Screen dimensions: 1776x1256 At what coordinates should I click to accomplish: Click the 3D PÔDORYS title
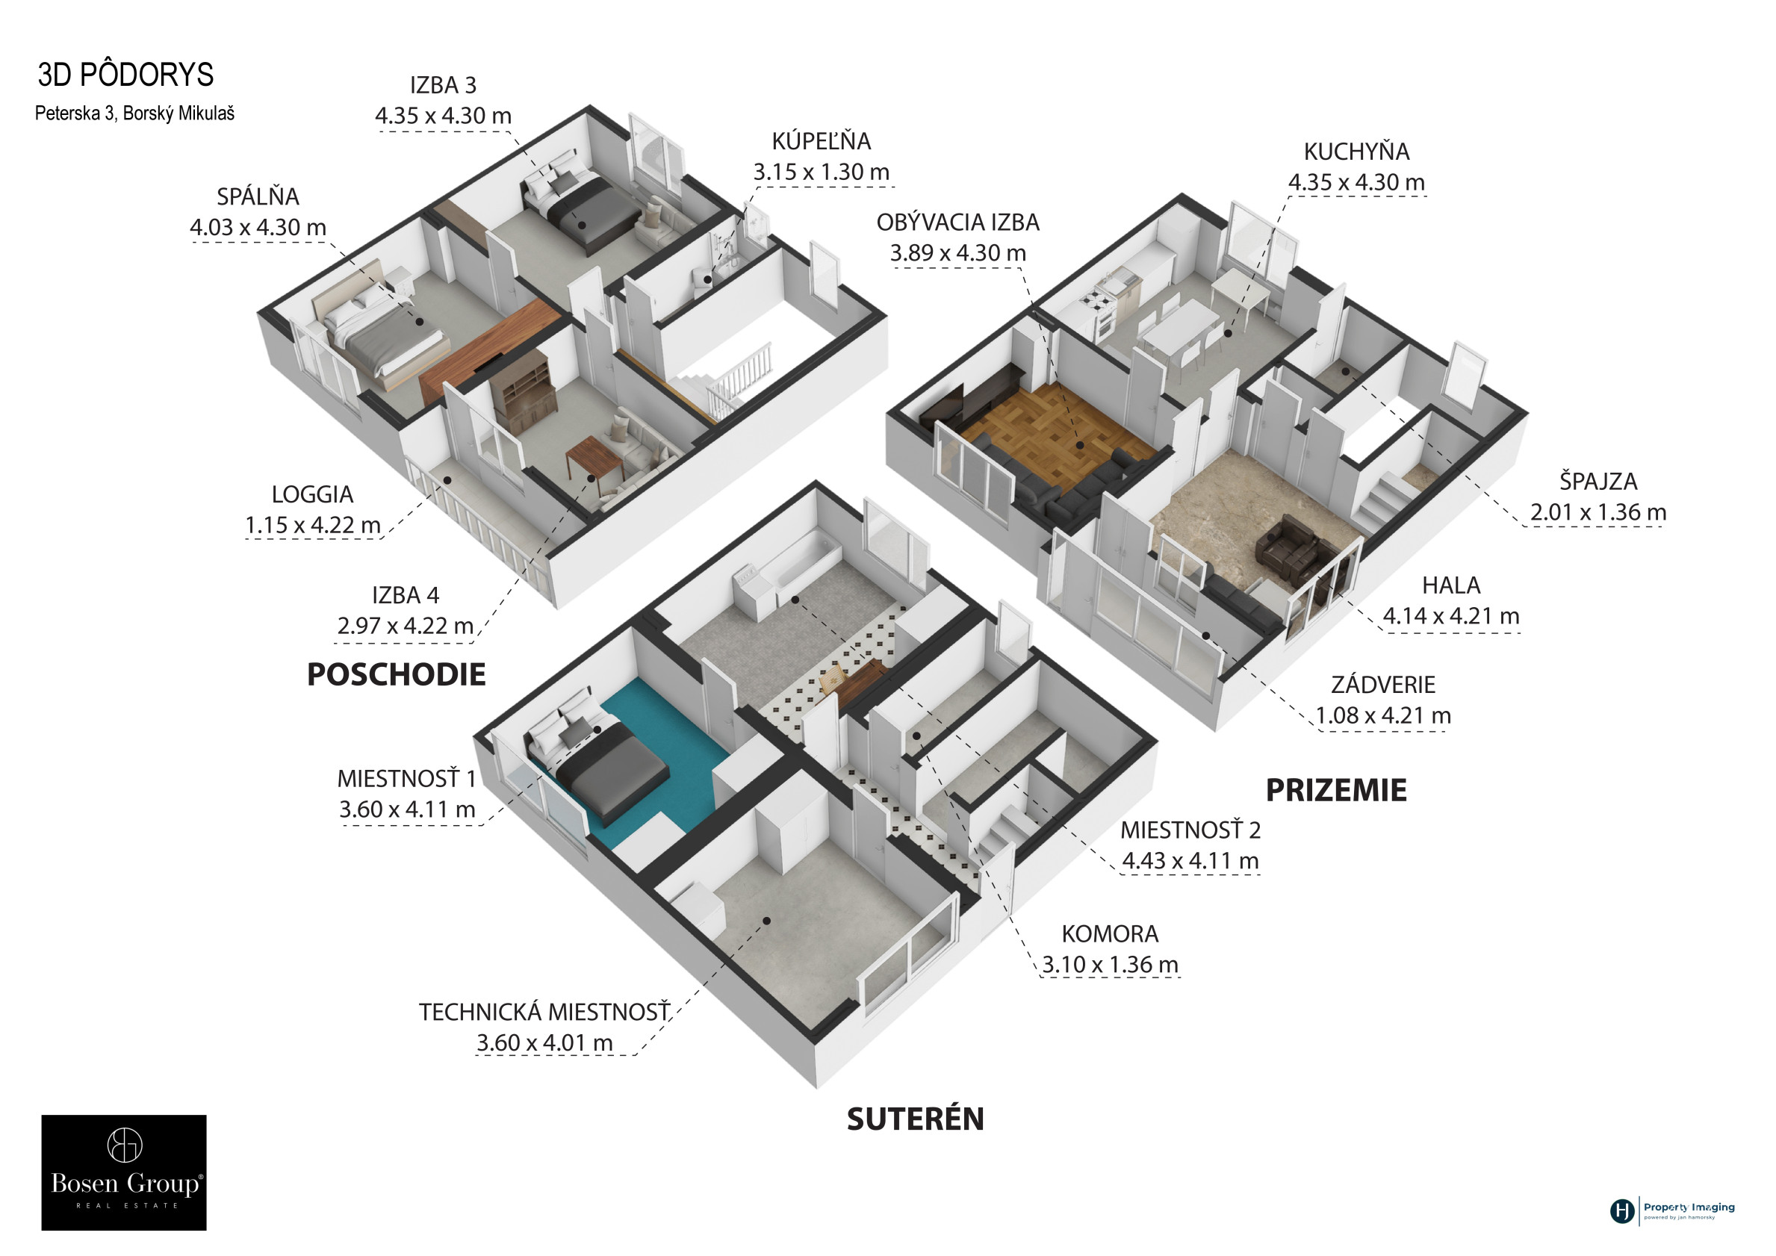pyautogui.click(x=125, y=74)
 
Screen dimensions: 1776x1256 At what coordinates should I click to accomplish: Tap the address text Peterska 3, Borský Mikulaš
pyautogui.click(x=134, y=114)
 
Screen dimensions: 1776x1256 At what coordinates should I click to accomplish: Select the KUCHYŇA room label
pyautogui.click(x=1356, y=152)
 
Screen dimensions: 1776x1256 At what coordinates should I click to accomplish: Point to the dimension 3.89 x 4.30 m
pyautogui.click(x=957, y=253)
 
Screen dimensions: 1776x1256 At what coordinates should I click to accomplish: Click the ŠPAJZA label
pyautogui.click(x=1598, y=481)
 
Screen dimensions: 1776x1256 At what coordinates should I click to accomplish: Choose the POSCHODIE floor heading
pyautogui.click(x=396, y=674)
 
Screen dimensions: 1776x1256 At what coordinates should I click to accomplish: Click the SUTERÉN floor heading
pyautogui.click(x=915, y=1119)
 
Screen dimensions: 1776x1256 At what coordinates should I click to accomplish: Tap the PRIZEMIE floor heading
pyautogui.click(x=1336, y=789)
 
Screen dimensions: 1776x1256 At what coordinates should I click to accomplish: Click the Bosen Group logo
pyautogui.click(x=124, y=1172)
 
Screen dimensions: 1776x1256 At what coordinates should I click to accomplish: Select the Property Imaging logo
pyautogui.click(x=1672, y=1210)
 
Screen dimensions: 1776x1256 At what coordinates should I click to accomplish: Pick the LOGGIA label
pyautogui.click(x=311, y=494)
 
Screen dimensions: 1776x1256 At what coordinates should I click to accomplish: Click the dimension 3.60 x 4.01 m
pyautogui.click(x=544, y=1042)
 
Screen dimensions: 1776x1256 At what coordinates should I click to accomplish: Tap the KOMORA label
pyautogui.click(x=1110, y=933)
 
